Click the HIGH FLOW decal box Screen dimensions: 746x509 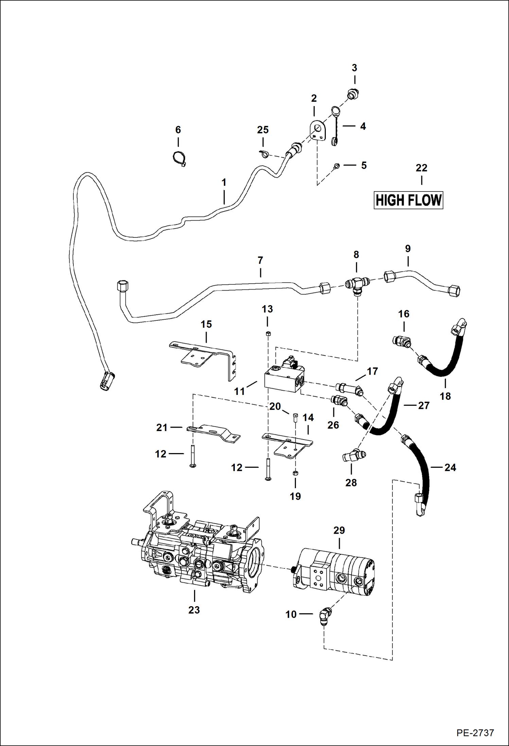click(408, 200)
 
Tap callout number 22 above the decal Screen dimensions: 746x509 click(421, 168)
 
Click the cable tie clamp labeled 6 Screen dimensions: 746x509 click(179, 159)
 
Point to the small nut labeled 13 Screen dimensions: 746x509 click(267, 333)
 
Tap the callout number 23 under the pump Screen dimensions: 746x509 click(194, 610)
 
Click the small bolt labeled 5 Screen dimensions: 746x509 click(336, 166)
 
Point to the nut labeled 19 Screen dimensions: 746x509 click(295, 473)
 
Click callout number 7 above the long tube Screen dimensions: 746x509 click(260, 261)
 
